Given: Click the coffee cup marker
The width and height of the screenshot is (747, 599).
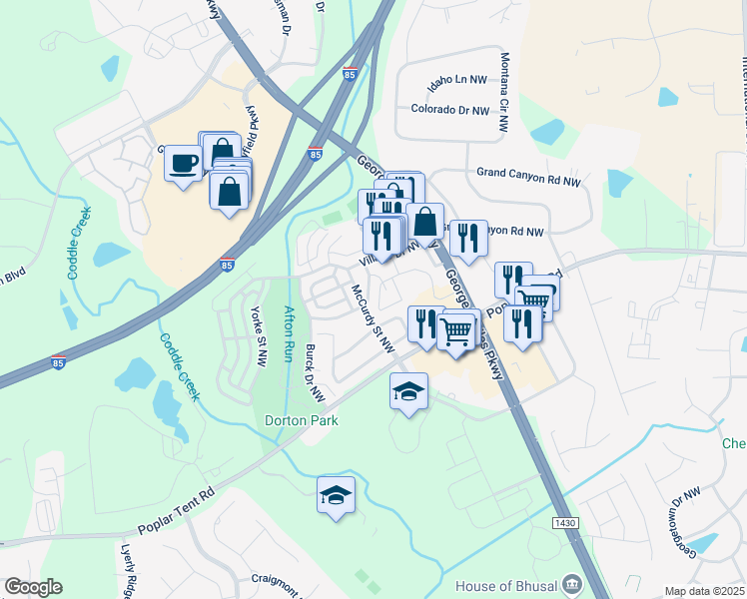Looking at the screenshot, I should point(183,163).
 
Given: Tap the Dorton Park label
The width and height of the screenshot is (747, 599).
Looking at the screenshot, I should point(302,420).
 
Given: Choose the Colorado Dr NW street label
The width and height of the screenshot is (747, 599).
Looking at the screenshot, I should point(450,110).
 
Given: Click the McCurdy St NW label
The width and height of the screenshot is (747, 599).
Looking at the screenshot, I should point(373,318).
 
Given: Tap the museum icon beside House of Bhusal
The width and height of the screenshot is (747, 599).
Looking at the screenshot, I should point(570,583).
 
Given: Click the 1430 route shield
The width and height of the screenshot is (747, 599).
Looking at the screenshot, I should point(564,523).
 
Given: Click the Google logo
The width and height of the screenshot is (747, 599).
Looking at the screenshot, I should point(33,587).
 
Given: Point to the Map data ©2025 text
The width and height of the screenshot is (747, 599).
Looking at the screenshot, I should point(705,591).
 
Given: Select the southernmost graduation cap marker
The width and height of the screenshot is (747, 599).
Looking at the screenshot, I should point(337,495).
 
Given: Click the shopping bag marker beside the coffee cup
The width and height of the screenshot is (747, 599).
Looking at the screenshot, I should point(230,189).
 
